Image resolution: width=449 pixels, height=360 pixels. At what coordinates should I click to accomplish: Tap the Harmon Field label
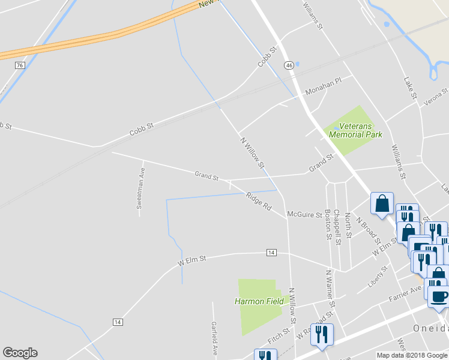point(259,301)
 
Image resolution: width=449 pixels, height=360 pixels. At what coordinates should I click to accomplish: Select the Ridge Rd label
point(259,201)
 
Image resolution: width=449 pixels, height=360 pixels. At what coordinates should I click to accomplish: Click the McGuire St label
point(304,214)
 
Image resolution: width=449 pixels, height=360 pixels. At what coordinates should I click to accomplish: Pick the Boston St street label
point(328,224)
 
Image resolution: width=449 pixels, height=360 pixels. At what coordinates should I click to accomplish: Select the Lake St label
point(411,88)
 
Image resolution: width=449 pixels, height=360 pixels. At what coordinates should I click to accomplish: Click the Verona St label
point(436,97)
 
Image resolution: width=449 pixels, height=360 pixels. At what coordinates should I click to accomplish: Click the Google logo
point(20,353)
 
